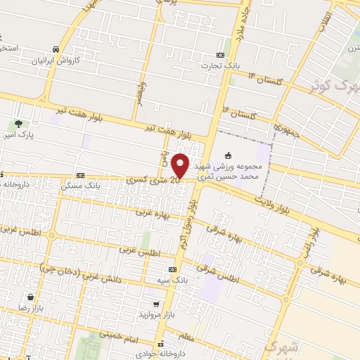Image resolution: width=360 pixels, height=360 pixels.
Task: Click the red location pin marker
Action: click(181, 165)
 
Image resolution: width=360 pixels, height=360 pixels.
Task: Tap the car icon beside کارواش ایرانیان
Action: click(55, 49)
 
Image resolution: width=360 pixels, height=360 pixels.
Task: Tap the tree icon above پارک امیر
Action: click(28, 123)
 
